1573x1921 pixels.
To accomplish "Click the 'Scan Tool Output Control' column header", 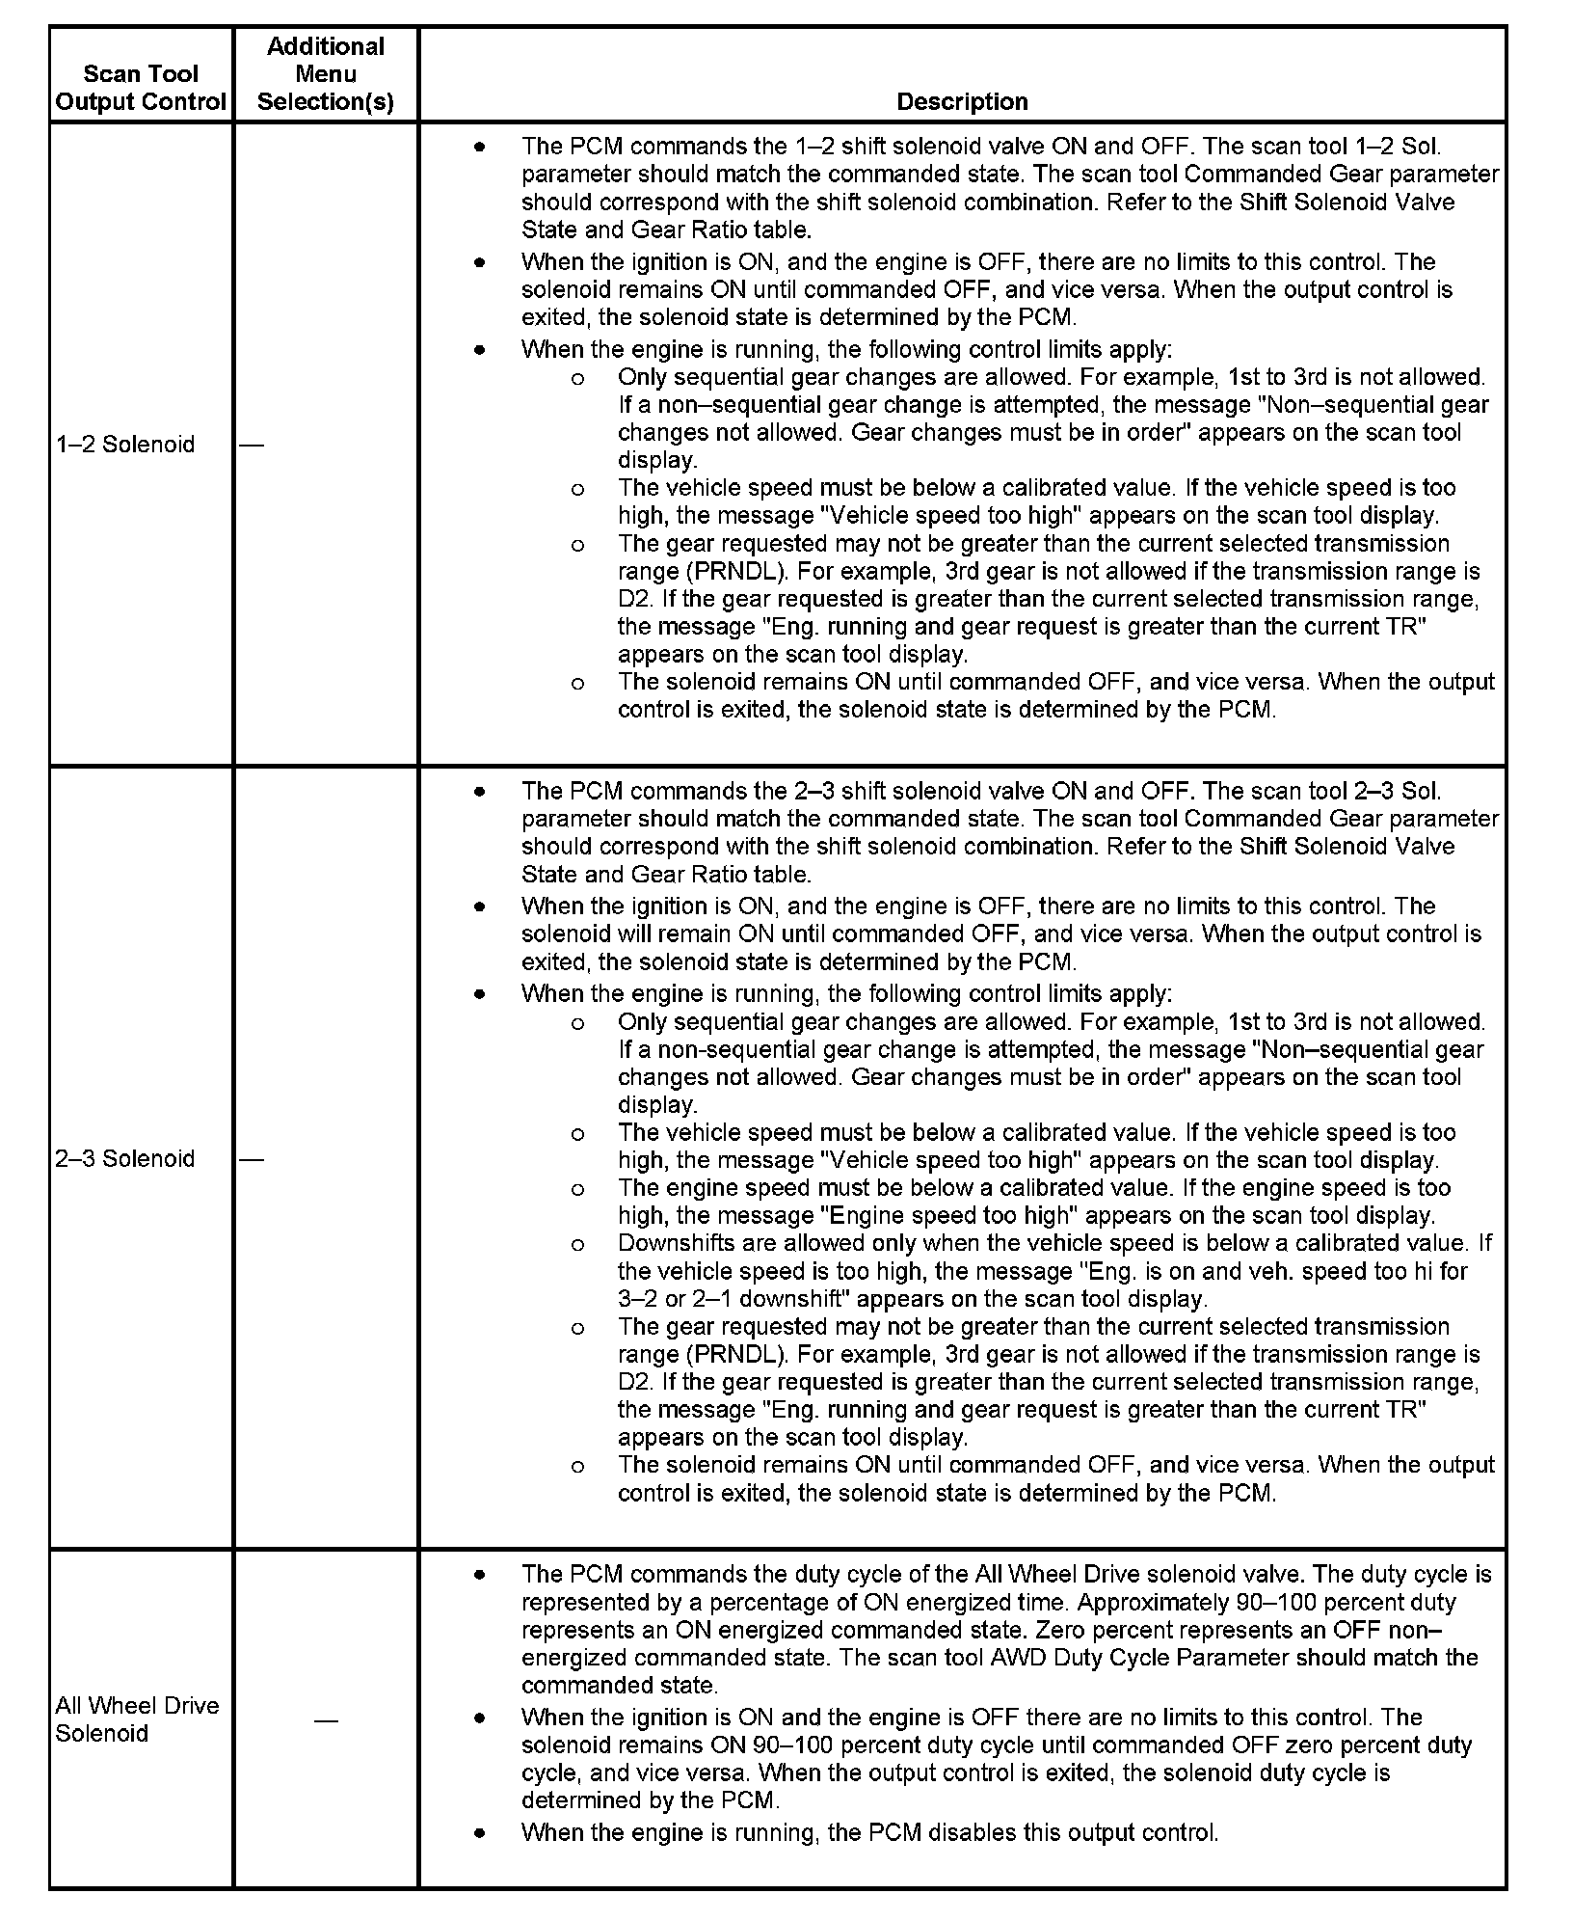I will click(141, 88).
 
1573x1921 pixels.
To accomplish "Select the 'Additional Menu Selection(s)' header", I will click(326, 74).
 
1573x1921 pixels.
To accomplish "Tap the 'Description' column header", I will click(962, 101).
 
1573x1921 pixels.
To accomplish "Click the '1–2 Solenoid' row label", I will click(125, 445).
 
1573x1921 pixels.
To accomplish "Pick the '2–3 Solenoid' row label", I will click(125, 1158).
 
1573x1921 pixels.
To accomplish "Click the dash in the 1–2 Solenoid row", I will click(252, 445).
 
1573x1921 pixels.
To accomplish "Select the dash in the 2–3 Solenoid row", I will click(252, 1159).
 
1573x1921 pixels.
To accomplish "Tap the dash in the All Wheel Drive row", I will click(326, 1720).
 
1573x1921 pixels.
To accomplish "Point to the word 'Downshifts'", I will click(669, 1243).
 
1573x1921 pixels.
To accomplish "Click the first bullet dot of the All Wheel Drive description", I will click(480, 1575).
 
